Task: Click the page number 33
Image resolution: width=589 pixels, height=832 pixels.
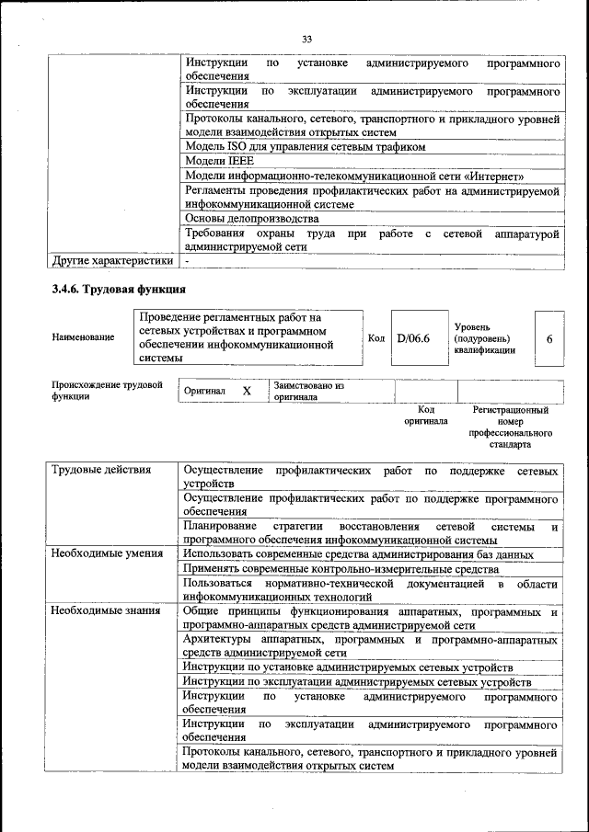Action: [306, 39]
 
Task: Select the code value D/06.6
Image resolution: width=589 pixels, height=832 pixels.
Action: [413, 338]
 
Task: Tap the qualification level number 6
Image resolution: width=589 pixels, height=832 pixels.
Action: [549, 338]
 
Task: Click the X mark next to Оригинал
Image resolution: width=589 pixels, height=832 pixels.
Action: [247, 391]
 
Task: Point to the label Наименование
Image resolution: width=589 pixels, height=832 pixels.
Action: [83, 337]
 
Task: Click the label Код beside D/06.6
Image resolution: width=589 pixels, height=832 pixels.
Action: [376, 338]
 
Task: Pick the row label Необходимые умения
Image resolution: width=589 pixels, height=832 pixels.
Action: [107, 553]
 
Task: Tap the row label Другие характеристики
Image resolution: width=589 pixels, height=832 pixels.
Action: [112, 260]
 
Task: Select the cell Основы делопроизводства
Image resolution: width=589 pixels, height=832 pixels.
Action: [252, 219]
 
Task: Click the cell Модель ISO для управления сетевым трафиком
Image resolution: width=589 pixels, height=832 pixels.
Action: [306, 146]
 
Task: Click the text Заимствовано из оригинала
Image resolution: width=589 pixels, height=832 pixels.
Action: [307, 392]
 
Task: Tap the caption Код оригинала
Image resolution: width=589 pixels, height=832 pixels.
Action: [425, 416]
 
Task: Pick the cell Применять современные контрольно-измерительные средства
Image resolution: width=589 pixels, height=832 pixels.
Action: [341, 569]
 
